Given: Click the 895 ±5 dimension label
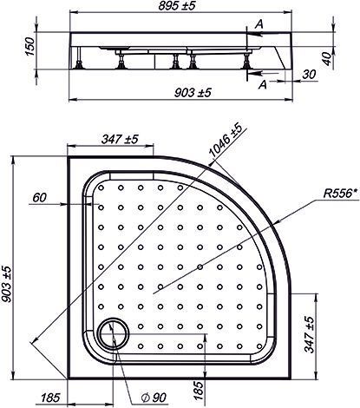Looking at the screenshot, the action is (x=177, y=6).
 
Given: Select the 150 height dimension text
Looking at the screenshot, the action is (x=29, y=46).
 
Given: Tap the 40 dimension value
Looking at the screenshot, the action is (x=327, y=58).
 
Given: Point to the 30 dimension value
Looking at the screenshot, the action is (x=309, y=75).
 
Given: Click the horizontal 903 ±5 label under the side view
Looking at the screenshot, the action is (x=193, y=93).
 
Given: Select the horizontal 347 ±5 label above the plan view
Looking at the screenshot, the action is (x=120, y=139).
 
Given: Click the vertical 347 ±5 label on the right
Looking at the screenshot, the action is (x=310, y=334).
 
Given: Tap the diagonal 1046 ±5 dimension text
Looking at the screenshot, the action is (x=226, y=141).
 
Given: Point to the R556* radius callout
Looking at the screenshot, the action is (x=341, y=193).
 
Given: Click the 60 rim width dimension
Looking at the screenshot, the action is (x=39, y=198).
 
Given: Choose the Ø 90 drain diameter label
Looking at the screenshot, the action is (x=154, y=398).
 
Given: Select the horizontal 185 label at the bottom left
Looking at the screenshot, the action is (x=50, y=398).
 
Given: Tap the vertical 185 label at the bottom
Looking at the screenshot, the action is (x=198, y=391).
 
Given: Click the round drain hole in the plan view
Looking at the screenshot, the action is (x=114, y=332).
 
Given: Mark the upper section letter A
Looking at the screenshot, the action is (x=259, y=24).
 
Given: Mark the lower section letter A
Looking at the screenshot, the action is (x=262, y=85).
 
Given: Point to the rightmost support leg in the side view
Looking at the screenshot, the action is (x=247, y=61).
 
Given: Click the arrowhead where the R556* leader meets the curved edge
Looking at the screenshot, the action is (x=277, y=222).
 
